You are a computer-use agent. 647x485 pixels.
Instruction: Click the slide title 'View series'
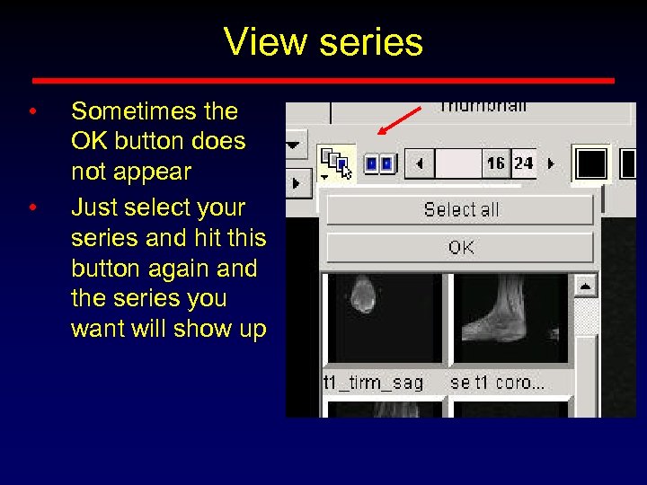point(323,42)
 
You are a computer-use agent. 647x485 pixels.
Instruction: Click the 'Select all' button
point(460,210)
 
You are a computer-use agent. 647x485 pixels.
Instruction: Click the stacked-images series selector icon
point(337,164)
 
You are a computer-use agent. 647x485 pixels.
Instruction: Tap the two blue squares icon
point(378,164)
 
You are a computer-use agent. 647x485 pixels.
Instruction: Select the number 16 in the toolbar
point(495,163)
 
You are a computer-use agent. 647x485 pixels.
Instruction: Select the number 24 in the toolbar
point(523,163)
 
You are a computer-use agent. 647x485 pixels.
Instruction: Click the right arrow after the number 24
point(551,164)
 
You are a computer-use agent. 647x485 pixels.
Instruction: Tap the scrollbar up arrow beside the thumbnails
point(587,287)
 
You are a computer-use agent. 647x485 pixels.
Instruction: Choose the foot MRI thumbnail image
point(511,319)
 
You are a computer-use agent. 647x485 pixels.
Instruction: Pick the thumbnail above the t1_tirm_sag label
point(384,319)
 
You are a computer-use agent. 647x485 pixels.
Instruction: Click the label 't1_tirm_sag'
point(373,383)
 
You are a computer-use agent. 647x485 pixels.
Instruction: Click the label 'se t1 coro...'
point(497,383)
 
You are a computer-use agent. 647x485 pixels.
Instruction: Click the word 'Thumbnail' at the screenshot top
point(483,107)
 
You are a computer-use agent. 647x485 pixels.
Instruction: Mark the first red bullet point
point(31,113)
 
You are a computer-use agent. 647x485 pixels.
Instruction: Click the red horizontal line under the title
point(323,80)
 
